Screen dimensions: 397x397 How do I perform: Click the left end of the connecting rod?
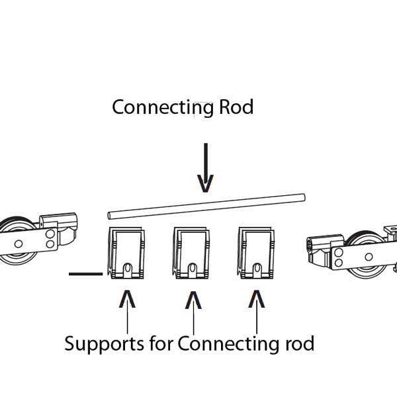click(110, 215)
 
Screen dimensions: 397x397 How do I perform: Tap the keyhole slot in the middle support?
click(192, 270)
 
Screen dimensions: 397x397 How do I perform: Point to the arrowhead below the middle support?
click(192, 300)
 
